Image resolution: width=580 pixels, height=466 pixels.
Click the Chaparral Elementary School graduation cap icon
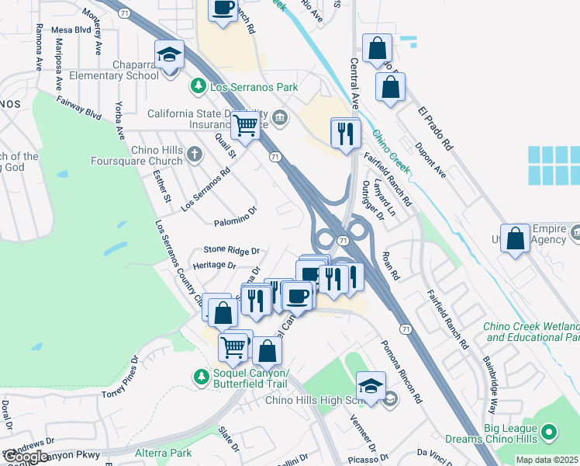(169, 56)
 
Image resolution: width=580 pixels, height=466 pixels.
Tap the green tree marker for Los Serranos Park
(199, 84)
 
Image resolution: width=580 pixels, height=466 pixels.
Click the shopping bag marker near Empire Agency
(515, 239)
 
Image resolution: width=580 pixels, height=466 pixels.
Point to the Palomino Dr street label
(235, 217)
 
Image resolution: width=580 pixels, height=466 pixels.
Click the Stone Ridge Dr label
(230, 250)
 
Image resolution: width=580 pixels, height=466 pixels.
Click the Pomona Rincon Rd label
(400, 371)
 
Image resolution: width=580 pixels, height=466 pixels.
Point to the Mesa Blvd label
(71, 30)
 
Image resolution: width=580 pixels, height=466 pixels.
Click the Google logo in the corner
(25, 457)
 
